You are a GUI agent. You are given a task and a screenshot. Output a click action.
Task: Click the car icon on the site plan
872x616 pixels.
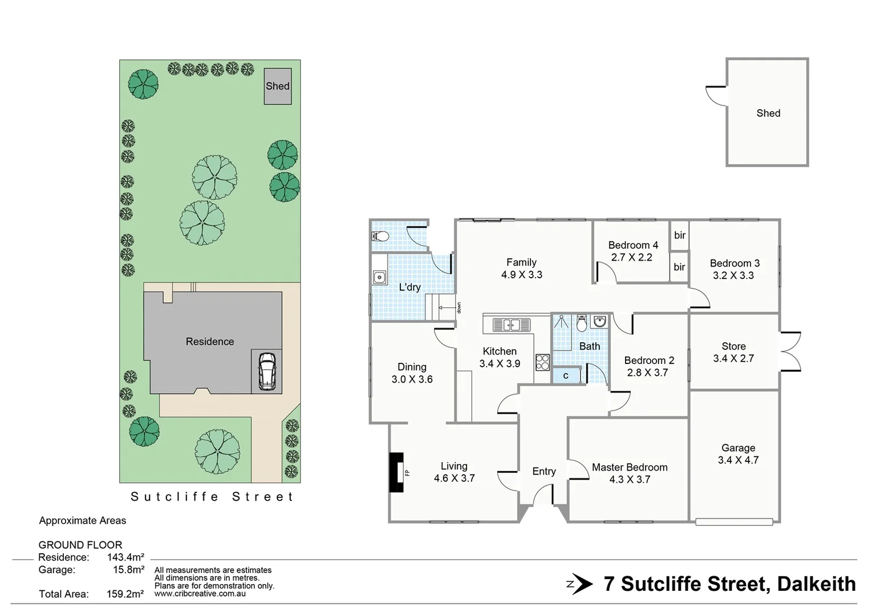(267, 371)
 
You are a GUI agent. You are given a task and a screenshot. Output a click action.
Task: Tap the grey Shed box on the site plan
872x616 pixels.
(278, 86)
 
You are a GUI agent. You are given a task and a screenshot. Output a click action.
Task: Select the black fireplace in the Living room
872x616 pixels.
(396, 472)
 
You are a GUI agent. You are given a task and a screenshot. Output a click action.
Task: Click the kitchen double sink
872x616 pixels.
(511, 325)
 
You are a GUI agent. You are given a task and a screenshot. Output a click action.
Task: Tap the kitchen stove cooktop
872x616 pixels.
(542, 362)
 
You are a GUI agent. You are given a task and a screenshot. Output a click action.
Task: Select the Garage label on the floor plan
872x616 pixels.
(738, 448)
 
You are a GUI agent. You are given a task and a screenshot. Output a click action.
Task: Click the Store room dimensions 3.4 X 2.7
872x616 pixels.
(733, 359)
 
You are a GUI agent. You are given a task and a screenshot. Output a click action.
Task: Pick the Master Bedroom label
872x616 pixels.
(630, 468)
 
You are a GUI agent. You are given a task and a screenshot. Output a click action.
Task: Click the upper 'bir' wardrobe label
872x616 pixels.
(680, 236)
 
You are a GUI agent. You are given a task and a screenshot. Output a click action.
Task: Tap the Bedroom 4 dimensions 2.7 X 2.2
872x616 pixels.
(631, 257)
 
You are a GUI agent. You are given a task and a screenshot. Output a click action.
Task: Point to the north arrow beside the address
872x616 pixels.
(580, 584)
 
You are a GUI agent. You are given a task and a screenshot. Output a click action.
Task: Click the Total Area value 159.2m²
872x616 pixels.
(125, 594)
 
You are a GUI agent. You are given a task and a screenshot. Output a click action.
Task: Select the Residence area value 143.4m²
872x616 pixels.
(125, 557)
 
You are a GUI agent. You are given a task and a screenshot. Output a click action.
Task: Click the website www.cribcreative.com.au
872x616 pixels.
(200, 594)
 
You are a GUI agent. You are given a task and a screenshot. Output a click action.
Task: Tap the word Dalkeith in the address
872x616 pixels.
(816, 584)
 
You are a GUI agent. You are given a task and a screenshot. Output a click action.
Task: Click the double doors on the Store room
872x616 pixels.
(790, 351)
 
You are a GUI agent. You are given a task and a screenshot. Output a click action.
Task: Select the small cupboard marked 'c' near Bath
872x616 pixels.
(566, 376)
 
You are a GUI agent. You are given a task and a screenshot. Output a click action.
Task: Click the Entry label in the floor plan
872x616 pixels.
(544, 472)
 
